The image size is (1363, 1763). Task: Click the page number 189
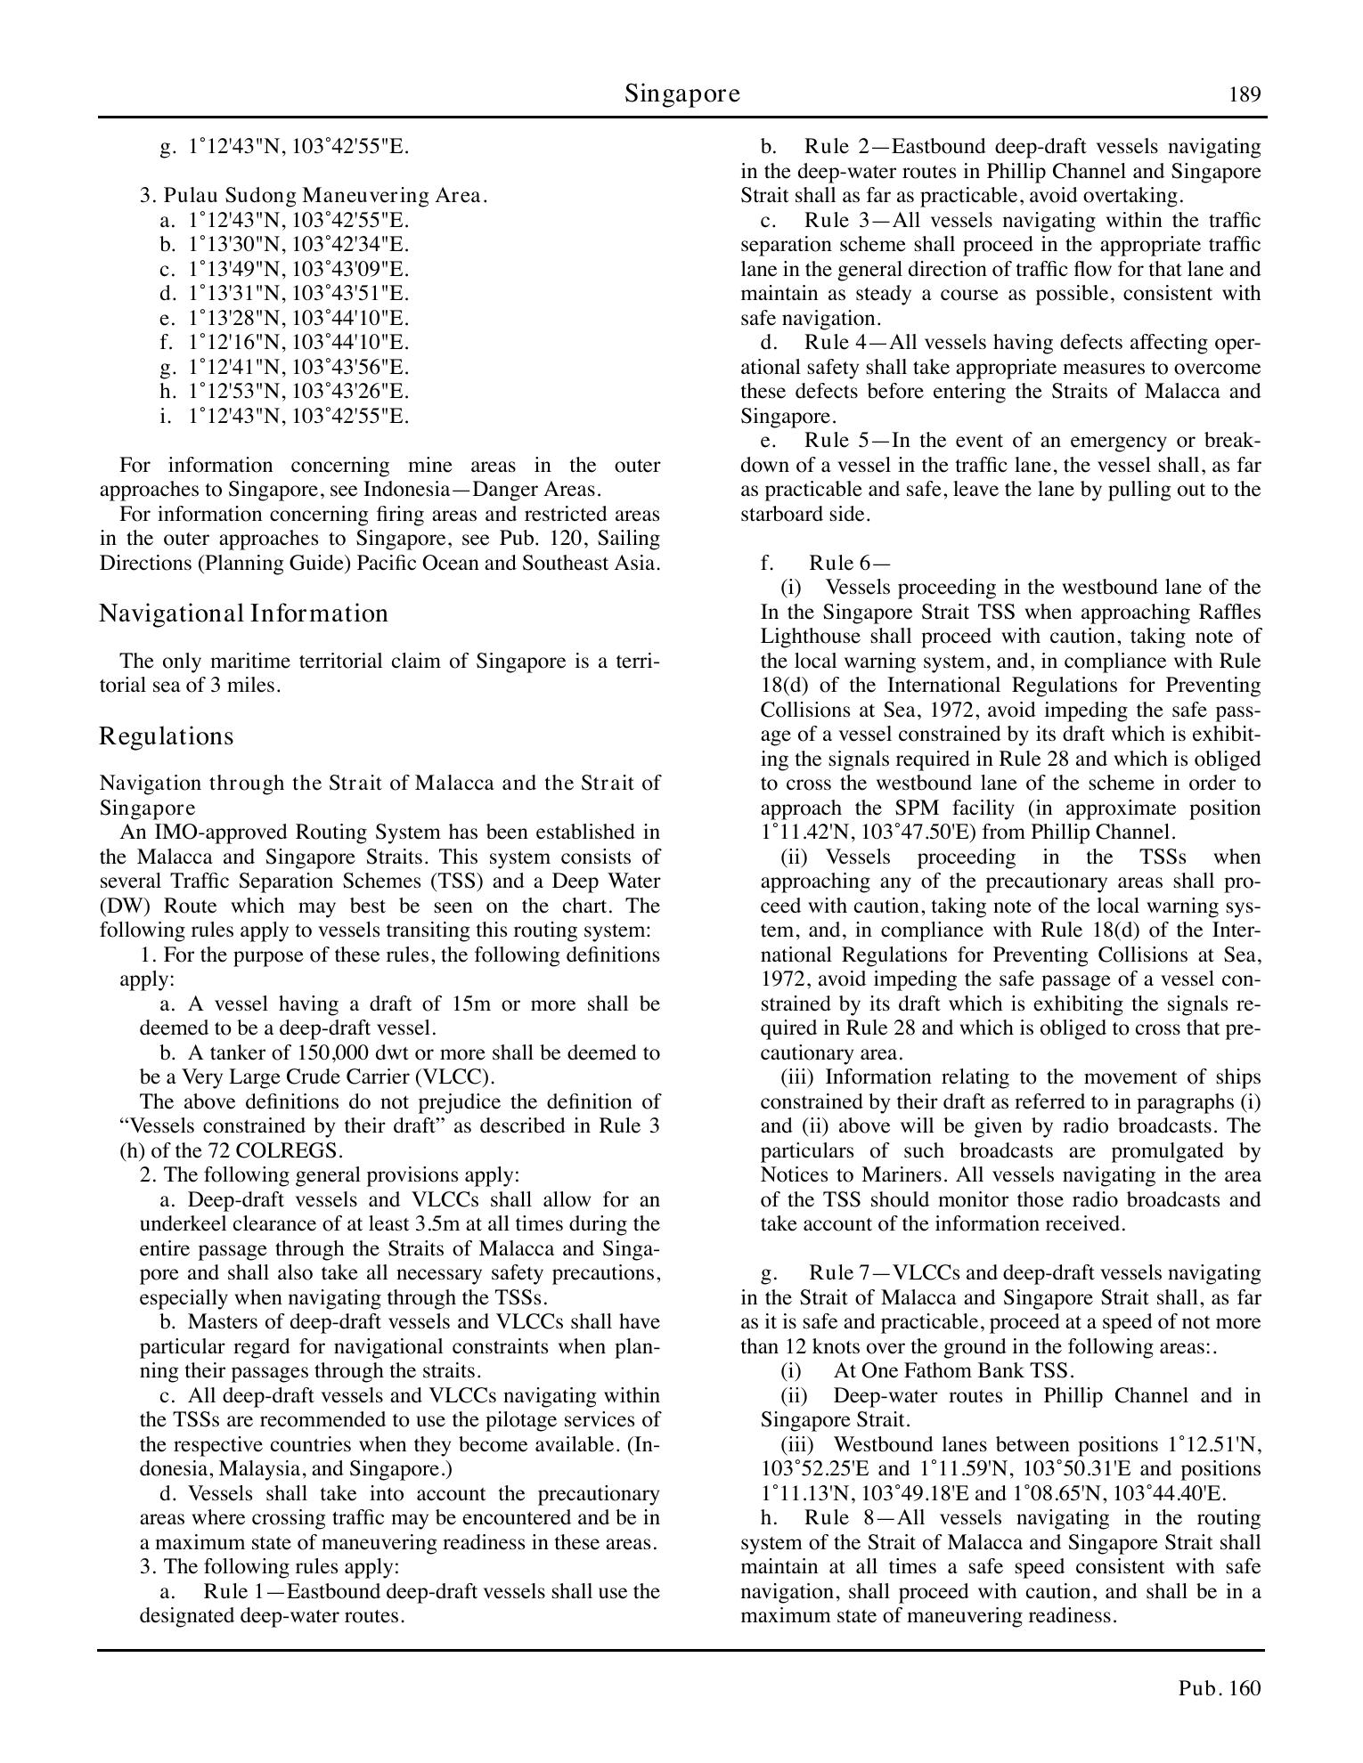(1245, 94)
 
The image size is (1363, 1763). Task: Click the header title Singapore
(681, 93)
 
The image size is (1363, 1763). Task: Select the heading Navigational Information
(243, 613)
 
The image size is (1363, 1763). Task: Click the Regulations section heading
(166, 736)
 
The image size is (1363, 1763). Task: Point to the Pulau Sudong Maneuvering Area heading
(313, 196)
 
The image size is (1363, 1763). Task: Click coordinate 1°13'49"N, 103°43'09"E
(298, 269)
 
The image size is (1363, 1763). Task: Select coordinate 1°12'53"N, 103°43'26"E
(298, 391)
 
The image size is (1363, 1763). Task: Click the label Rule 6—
(849, 563)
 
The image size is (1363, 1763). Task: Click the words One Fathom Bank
(939, 1370)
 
